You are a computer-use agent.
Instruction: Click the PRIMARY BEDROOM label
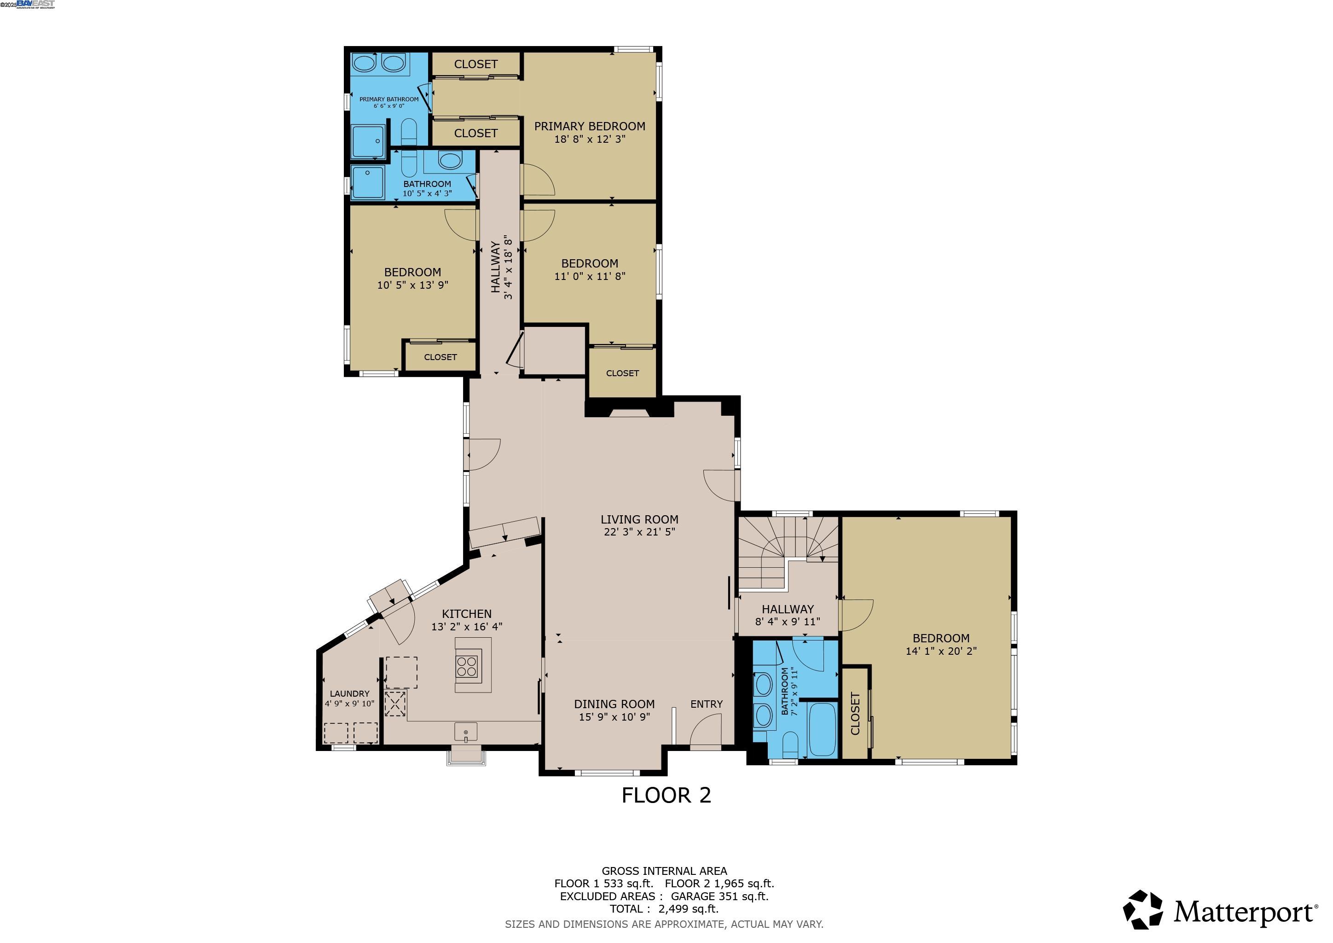pos(589,126)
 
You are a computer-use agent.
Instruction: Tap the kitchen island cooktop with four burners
pos(467,666)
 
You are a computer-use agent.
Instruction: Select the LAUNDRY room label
pos(349,693)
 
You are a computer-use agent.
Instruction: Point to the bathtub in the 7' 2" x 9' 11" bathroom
pos(822,729)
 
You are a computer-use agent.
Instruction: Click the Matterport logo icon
pos(1142,910)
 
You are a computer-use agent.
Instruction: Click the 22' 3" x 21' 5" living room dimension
pos(639,532)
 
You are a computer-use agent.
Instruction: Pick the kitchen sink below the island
pos(466,732)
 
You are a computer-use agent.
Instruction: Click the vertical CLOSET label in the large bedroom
pos(855,714)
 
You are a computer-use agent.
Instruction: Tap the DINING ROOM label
pos(614,704)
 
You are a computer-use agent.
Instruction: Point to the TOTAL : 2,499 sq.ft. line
pos(664,909)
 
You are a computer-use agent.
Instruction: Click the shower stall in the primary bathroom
pos(368,141)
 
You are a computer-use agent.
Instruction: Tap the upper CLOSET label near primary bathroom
pos(475,64)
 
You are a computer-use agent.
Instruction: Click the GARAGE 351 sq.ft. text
pos(719,896)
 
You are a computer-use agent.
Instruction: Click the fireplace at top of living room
pos(631,413)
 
